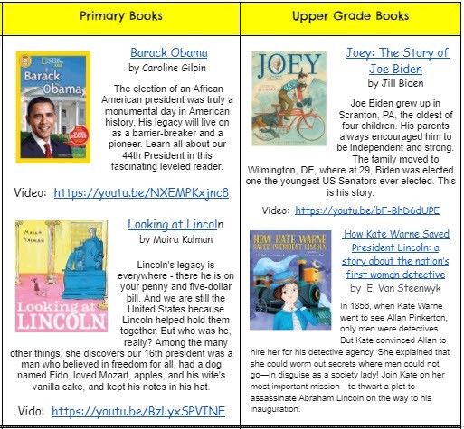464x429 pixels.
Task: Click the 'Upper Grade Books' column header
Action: click(x=350, y=16)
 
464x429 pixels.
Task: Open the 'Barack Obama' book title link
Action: click(x=168, y=52)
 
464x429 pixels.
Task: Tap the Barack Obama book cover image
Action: click(x=53, y=106)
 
